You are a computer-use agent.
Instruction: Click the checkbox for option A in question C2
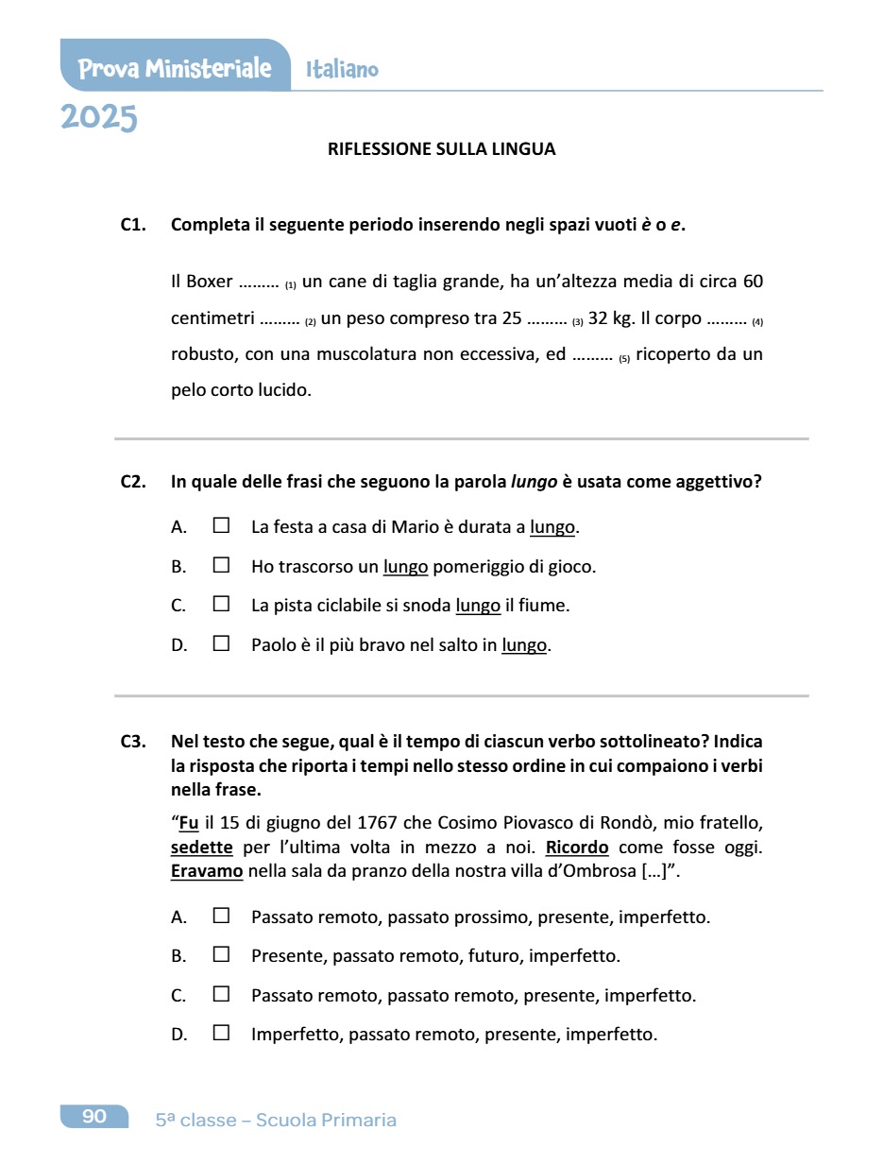click(x=222, y=526)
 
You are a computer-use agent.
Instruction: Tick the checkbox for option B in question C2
click(x=222, y=566)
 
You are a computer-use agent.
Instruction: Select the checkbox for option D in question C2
click(x=222, y=644)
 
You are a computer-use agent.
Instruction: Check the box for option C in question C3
click(x=222, y=994)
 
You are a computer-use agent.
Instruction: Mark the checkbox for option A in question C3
click(x=222, y=916)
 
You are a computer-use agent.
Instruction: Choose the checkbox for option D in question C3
click(x=222, y=1034)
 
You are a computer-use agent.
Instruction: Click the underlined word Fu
click(x=188, y=821)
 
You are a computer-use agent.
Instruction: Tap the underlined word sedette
click(x=201, y=847)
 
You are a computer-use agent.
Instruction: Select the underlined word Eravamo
click(x=207, y=871)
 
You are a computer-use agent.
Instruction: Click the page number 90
click(x=94, y=1117)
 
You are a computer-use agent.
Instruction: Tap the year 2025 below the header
click(x=99, y=118)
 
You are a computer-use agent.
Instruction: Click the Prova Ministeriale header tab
click(x=175, y=69)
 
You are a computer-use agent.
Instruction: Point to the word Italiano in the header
click(x=342, y=70)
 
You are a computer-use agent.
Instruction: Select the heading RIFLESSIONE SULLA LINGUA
click(x=441, y=149)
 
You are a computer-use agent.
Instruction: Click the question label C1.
click(x=133, y=225)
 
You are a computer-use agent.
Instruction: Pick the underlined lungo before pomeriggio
click(x=406, y=567)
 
